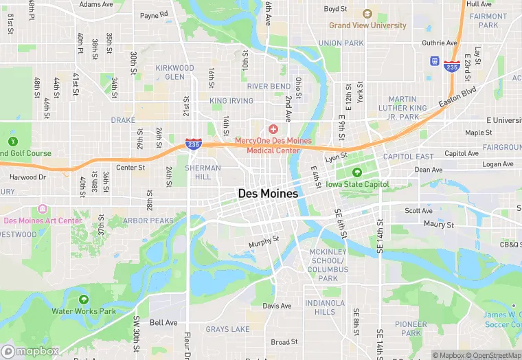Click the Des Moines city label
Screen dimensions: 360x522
click(x=268, y=194)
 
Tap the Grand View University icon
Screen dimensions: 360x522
click(x=367, y=14)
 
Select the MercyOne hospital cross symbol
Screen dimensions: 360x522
click(x=273, y=129)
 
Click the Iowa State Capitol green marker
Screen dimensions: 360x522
click(x=356, y=172)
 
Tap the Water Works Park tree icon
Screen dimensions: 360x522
click(x=84, y=300)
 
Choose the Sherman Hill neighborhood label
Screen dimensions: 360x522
click(x=203, y=172)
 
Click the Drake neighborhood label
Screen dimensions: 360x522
click(x=123, y=120)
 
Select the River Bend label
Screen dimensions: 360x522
click(x=269, y=86)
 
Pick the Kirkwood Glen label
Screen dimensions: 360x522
click(x=174, y=72)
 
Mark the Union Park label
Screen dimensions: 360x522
click(x=341, y=43)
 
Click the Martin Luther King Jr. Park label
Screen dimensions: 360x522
click(x=412, y=108)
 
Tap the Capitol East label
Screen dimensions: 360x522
click(x=408, y=157)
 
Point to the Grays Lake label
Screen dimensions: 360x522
click(x=227, y=329)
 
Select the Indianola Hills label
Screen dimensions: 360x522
click(x=325, y=307)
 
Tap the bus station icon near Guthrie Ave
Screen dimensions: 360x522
click(x=434, y=60)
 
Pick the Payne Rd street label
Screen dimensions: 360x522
click(x=154, y=14)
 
